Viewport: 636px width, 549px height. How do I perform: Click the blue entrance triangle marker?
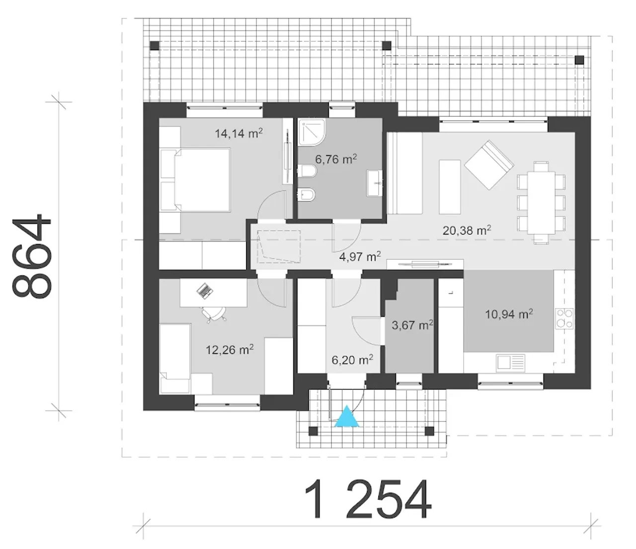[347, 417]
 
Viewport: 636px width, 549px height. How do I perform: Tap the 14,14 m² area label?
[239, 133]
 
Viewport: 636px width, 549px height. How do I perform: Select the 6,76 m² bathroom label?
[336, 159]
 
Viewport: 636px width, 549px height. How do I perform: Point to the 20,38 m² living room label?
[467, 230]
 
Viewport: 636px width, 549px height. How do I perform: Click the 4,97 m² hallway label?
[360, 256]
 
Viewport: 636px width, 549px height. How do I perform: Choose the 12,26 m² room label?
[230, 350]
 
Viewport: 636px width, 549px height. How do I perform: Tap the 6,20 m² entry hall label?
[353, 359]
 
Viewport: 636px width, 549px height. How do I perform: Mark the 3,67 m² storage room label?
[412, 324]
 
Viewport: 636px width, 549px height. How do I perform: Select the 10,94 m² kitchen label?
[509, 314]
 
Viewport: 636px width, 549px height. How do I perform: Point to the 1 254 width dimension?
[368, 499]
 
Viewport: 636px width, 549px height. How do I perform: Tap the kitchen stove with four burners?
[564, 318]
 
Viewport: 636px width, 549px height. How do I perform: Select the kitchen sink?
[510, 362]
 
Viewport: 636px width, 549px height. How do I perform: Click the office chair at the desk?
[214, 314]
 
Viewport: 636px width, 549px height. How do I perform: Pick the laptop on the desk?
[205, 291]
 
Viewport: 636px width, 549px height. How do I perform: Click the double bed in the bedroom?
[195, 180]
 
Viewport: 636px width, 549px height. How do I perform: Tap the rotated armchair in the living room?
[488, 164]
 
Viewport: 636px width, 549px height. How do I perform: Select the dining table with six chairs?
[541, 203]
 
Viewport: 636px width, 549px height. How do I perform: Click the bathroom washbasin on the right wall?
[375, 183]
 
